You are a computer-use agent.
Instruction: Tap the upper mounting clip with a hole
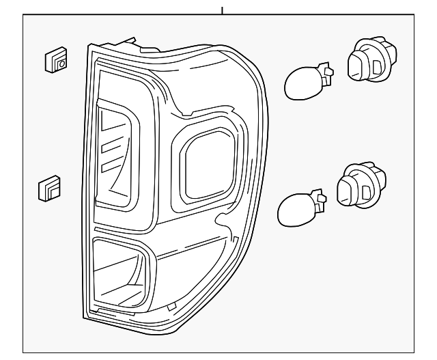(56, 61)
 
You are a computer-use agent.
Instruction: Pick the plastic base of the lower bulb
(319, 199)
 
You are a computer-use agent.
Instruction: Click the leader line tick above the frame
(222, 10)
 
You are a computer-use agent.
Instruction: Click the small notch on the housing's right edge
(222, 220)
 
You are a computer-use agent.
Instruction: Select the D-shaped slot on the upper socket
(377, 67)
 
